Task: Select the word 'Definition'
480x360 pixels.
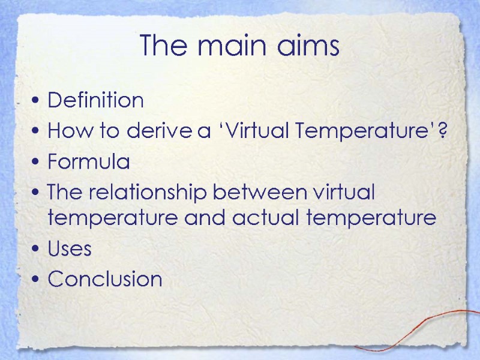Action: [x=95, y=100]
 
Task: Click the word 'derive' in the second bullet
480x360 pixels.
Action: [x=161, y=131]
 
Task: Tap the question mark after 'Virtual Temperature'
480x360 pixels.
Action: [x=442, y=131]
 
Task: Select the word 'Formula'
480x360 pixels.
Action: [x=88, y=162]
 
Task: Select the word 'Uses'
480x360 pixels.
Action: [x=70, y=248]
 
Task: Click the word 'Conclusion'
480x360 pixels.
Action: [x=105, y=279]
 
